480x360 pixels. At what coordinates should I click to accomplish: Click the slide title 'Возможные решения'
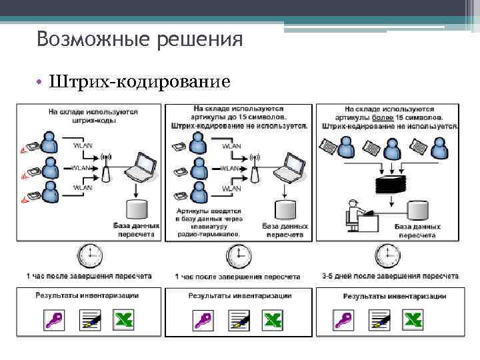click(139, 39)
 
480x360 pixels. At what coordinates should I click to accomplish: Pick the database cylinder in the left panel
click(137, 211)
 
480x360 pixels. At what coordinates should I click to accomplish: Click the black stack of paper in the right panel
click(389, 184)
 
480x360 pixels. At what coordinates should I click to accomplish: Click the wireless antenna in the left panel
click(105, 168)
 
